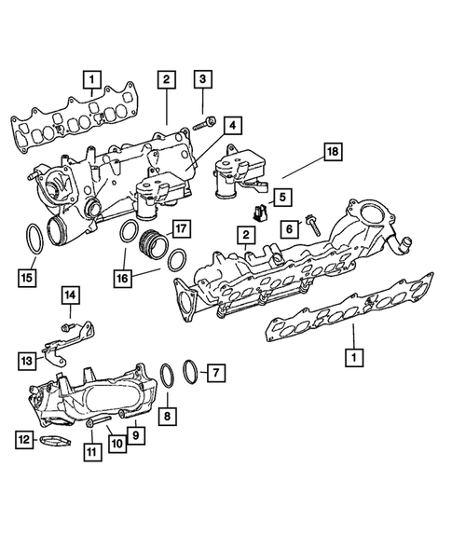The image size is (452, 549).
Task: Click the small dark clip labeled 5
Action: coord(262,213)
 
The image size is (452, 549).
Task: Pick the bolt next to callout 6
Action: coord(311,224)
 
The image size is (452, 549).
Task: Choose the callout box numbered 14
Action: coord(73,296)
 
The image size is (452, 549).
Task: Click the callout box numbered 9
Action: coord(136,432)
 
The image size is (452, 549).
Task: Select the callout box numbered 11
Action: coord(91,452)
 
